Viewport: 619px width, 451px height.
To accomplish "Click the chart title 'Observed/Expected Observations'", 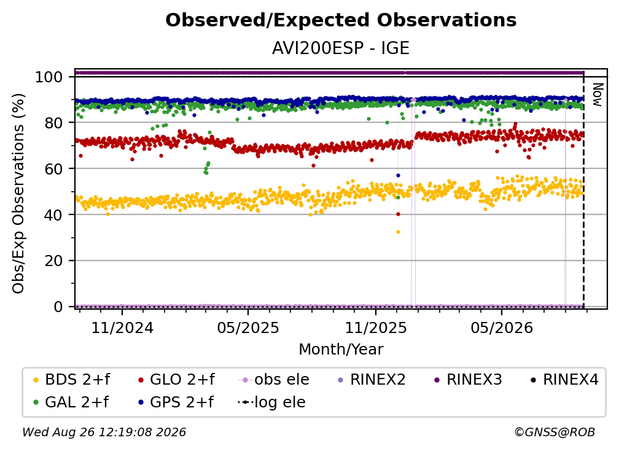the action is tap(341, 20).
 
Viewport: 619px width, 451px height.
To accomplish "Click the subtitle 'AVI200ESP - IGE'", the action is tap(341, 48).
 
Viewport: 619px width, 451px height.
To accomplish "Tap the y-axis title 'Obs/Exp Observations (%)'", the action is tap(18, 194).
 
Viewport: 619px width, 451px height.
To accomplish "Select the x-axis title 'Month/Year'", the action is tap(341, 349).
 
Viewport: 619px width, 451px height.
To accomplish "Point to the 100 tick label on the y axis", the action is tap(49, 77).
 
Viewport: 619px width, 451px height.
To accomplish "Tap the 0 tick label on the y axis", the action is tap(58, 307).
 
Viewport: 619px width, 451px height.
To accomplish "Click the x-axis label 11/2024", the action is tap(122, 327).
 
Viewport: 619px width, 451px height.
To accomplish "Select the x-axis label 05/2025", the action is tap(248, 327).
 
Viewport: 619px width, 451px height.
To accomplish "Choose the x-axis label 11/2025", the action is tap(376, 327).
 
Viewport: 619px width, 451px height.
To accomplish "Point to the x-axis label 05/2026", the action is tap(502, 327).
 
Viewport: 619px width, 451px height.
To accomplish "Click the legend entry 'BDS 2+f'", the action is tap(71, 380).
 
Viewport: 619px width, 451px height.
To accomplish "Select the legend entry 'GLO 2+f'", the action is tap(176, 380).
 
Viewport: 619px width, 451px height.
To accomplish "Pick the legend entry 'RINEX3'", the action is tap(468, 380).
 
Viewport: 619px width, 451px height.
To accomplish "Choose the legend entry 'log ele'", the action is tap(271, 402).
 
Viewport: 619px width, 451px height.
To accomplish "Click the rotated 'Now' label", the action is tap(598, 95).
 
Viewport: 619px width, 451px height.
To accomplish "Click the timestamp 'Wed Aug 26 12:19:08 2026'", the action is tap(104, 432).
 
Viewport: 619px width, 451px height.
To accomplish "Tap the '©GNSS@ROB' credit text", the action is tap(555, 432).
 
